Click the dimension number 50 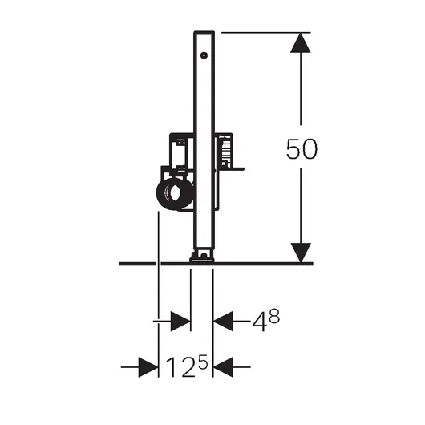[302, 148]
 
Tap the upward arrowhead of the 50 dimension [301, 42]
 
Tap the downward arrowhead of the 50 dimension [301, 253]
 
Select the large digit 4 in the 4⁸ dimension [259, 322]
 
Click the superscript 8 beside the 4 [274, 316]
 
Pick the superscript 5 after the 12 [202, 362]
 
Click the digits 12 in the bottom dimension [180, 367]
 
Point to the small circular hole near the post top [204, 55]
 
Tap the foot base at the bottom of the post [201, 257]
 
